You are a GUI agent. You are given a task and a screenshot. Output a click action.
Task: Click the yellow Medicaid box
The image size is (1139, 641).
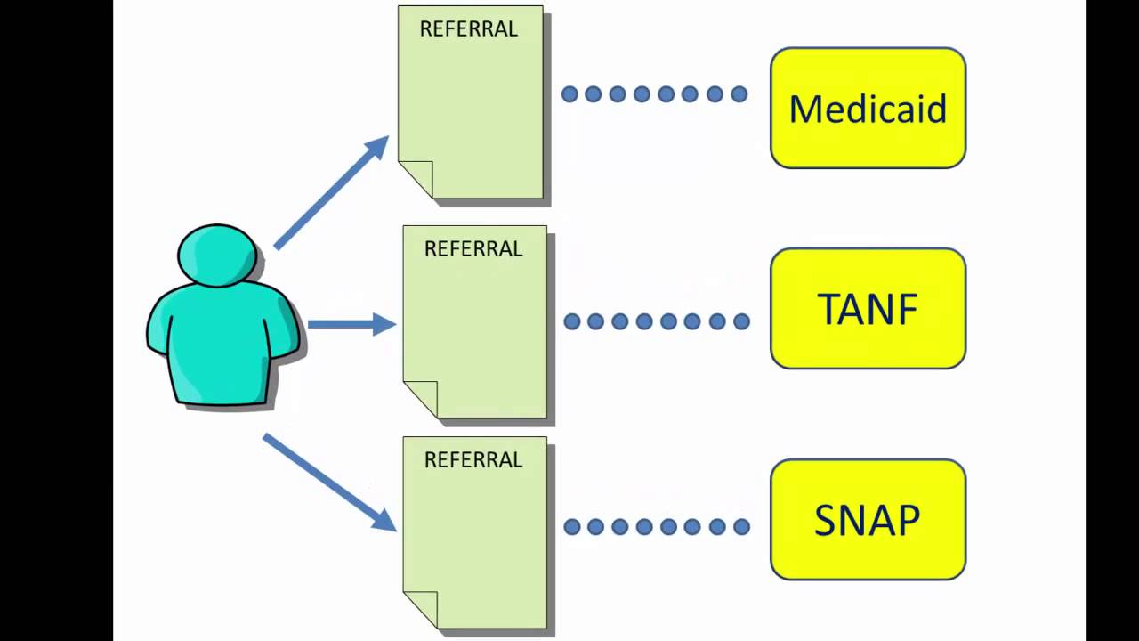click(x=868, y=108)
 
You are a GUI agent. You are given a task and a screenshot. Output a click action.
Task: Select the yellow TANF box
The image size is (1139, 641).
click(x=868, y=308)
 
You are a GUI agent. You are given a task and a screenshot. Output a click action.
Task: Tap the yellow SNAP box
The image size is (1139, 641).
click(x=868, y=519)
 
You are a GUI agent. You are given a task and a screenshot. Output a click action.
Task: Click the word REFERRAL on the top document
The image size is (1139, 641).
click(x=469, y=29)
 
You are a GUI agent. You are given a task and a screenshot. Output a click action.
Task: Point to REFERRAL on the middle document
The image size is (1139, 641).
click(x=473, y=249)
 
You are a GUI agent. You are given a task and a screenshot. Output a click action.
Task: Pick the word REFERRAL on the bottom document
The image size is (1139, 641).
click(x=473, y=460)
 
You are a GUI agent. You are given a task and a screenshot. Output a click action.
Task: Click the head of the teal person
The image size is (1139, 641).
click(x=217, y=255)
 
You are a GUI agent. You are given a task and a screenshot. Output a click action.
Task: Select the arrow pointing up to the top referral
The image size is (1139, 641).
click(x=331, y=191)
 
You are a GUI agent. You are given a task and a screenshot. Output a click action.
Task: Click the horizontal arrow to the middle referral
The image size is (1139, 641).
click(x=351, y=324)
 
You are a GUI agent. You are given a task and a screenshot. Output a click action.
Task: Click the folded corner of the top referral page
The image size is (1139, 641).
click(x=416, y=177)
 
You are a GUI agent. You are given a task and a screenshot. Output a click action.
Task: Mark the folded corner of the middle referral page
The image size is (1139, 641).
click(x=421, y=397)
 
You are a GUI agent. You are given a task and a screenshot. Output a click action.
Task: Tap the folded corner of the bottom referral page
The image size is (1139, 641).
click(x=421, y=607)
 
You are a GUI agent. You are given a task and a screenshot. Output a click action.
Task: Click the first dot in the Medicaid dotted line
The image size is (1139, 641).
click(x=569, y=93)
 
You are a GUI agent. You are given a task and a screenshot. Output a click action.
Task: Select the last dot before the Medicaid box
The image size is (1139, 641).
click(x=739, y=93)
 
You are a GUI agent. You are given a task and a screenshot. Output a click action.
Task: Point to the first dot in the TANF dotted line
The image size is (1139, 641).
click(x=572, y=321)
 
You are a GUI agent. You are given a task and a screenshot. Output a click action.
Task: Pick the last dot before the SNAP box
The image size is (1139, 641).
click(x=741, y=527)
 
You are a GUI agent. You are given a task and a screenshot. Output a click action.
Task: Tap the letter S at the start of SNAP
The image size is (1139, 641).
click(x=825, y=520)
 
